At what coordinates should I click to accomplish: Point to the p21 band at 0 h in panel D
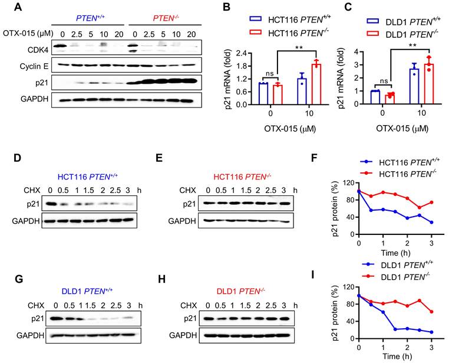point(51,205)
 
